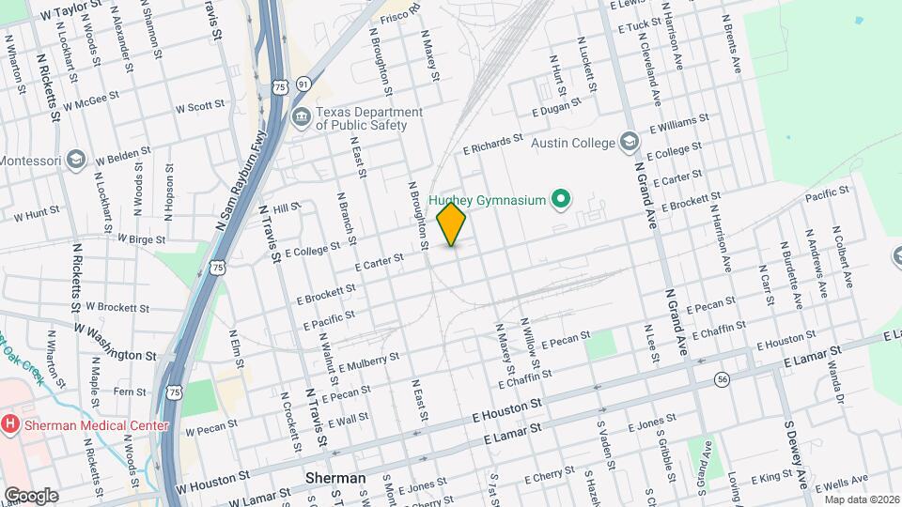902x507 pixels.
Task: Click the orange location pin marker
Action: click(x=452, y=224)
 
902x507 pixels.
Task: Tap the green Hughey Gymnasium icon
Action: click(x=561, y=199)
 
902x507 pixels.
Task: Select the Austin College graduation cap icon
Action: click(x=629, y=142)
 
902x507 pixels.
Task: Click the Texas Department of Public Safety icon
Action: click(x=302, y=118)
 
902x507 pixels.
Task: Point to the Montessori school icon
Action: click(x=76, y=161)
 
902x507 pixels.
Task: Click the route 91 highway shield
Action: click(x=302, y=84)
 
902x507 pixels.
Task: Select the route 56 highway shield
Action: click(x=722, y=378)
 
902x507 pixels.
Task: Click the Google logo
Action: click(x=31, y=495)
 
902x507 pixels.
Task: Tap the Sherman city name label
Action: click(x=335, y=479)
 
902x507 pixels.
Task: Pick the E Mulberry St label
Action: click(x=368, y=361)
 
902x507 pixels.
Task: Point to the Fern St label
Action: click(x=129, y=392)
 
